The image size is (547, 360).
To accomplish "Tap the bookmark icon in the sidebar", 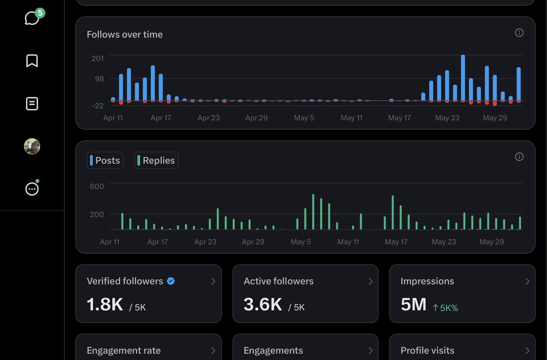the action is coord(32,61).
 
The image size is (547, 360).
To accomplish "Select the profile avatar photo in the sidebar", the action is coord(32,146).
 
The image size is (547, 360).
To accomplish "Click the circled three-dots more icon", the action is coord(32,189).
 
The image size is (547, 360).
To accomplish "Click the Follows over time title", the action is coord(124,35).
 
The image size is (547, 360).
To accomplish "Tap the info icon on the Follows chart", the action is coord(519,33).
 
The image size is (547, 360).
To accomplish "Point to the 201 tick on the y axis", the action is coord(98,58).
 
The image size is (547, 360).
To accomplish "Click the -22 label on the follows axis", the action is coord(98,106).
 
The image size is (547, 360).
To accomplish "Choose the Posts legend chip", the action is coord(105,160).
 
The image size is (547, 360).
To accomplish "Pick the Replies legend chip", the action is coord(156,160).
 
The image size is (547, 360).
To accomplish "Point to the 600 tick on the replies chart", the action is coord(97,186).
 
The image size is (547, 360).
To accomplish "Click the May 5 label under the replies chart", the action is coord(300,242).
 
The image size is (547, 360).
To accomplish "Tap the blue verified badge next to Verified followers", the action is coord(170,281).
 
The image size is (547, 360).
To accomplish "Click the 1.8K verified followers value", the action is coord(105,304).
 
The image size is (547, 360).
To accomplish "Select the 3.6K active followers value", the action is coord(263,304).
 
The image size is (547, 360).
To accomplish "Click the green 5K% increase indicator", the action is coord(445,308).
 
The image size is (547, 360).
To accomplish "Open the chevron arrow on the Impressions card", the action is coord(527,282).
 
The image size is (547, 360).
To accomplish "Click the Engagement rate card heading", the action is coord(124,350).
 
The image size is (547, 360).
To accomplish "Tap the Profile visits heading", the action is coord(428,350).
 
